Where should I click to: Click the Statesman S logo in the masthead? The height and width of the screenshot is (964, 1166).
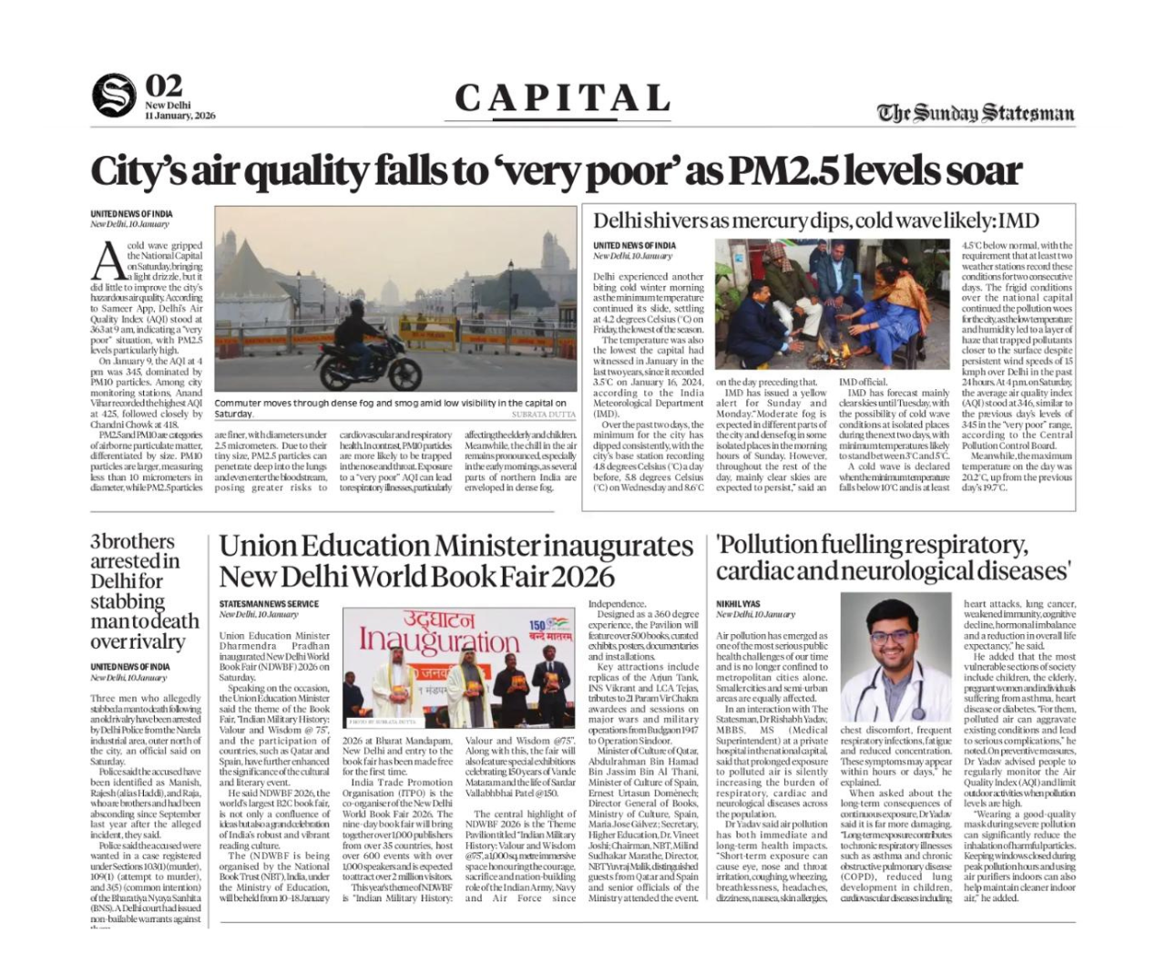pos(114,96)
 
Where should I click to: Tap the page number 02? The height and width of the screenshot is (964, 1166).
pos(165,86)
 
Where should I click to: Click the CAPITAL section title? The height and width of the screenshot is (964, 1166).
pos(563,98)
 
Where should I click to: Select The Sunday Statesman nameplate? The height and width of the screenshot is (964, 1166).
pos(976,112)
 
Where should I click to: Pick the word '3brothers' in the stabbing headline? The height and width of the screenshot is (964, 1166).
pos(132,541)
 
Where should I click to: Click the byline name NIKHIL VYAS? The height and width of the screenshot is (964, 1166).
pos(738,604)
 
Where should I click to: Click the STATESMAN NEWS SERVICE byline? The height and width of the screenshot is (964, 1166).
pos(269,604)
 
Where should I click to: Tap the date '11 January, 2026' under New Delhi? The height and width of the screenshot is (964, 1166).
pos(179,116)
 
